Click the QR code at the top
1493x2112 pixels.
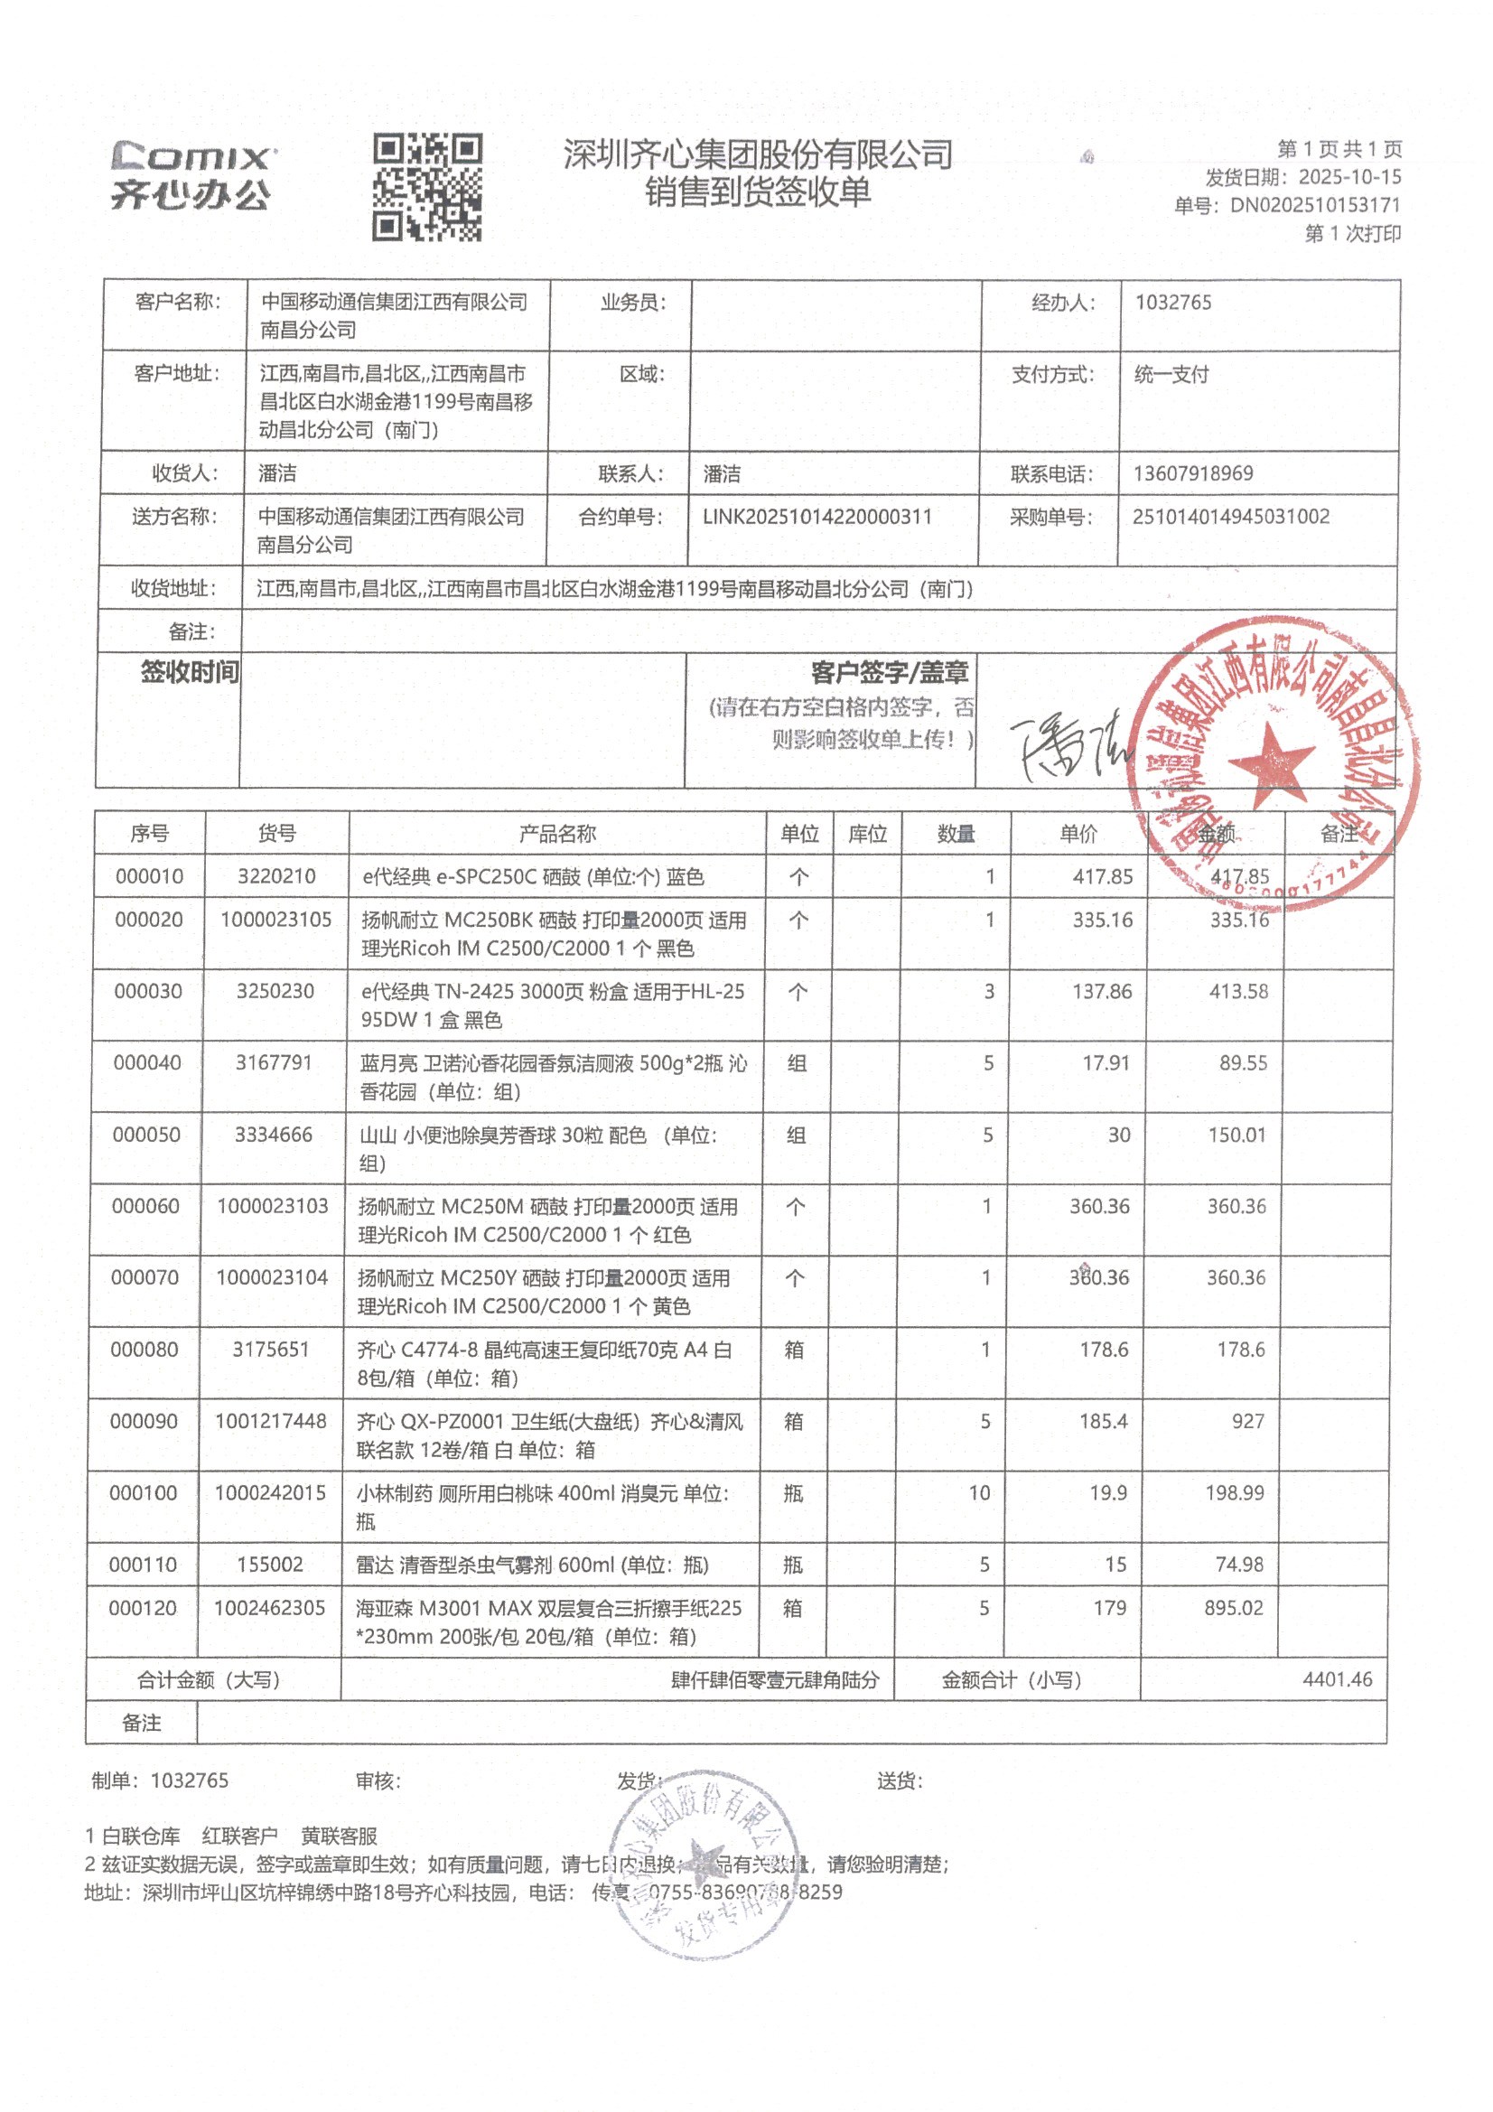click(427, 188)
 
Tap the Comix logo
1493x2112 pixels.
click(191, 174)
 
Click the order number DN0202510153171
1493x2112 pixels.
click(1314, 205)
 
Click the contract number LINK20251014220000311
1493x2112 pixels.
click(816, 517)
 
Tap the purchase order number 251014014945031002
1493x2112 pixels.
click(1230, 516)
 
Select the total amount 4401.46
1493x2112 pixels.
click(1337, 1679)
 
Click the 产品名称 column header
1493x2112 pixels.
click(557, 834)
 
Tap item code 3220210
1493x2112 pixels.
click(276, 876)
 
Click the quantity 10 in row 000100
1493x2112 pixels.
click(979, 1493)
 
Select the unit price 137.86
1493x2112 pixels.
click(1102, 992)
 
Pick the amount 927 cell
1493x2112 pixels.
click(1247, 1421)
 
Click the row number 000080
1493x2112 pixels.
click(145, 1350)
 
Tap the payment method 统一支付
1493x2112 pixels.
click(1171, 374)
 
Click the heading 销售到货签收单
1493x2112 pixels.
click(757, 192)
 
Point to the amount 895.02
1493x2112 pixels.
click(1234, 1608)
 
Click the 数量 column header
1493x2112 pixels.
click(956, 834)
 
